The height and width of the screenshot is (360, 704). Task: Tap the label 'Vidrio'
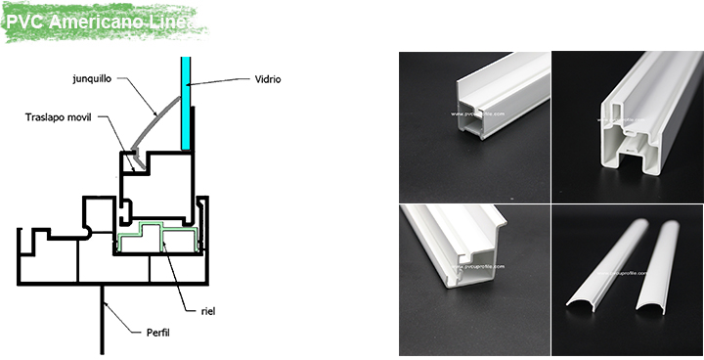267,79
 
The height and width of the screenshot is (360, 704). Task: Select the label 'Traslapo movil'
61,117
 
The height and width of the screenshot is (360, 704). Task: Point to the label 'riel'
208,311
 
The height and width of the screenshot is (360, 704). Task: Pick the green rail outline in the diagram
156,235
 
